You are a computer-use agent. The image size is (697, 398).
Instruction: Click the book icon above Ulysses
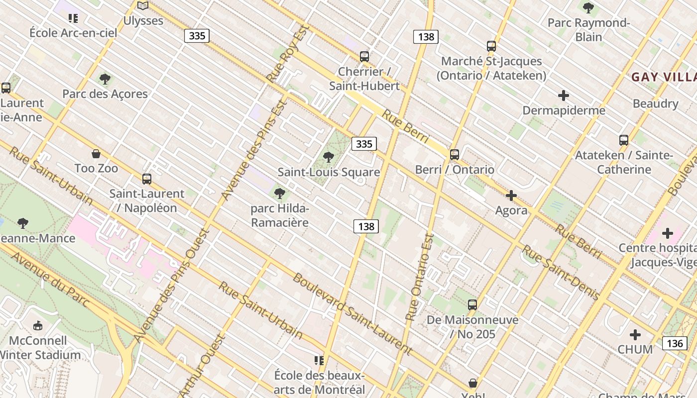pyautogui.click(x=143, y=6)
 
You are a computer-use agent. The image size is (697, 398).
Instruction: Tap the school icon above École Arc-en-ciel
pyautogui.click(x=73, y=19)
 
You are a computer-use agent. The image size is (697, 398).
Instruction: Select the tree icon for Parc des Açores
pyautogui.click(x=105, y=79)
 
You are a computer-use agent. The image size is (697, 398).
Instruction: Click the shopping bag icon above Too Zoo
pyautogui.click(x=96, y=154)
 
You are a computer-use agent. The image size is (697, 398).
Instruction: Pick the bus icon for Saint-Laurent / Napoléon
pyautogui.click(x=146, y=179)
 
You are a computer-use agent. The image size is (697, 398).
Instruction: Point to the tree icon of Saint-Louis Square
pyautogui.click(x=328, y=158)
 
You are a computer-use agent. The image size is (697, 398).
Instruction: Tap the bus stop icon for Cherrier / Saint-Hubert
pyautogui.click(x=364, y=57)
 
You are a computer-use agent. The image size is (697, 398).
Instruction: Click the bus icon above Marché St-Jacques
pyautogui.click(x=491, y=46)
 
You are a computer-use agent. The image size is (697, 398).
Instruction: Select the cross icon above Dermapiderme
pyautogui.click(x=564, y=96)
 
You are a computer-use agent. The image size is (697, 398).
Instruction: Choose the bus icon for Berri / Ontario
pyautogui.click(x=454, y=155)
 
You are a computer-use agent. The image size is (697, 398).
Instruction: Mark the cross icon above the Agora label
pyautogui.click(x=511, y=196)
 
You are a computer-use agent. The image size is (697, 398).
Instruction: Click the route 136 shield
pyautogui.click(x=675, y=343)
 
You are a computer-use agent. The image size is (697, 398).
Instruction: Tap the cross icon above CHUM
pyautogui.click(x=635, y=335)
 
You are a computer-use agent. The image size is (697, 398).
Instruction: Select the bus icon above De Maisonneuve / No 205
pyautogui.click(x=472, y=305)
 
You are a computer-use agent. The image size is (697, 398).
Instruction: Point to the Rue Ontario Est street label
pyautogui.click(x=420, y=277)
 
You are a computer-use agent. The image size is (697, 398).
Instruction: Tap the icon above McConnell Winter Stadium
pyautogui.click(x=38, y=326)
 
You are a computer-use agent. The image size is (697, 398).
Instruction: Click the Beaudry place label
pyautogui.click(x=655, y=104)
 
